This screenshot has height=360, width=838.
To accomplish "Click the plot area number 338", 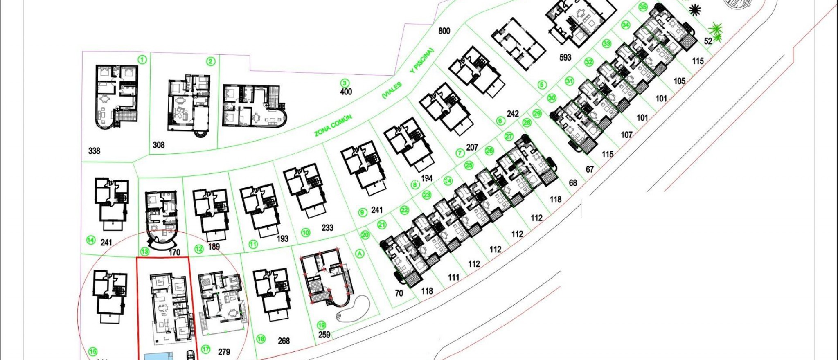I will (94, 151).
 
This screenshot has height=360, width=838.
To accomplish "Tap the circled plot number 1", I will (142, 60).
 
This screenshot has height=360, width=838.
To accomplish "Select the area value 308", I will (158, 145).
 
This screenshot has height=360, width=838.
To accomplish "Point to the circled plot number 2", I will (210, 62).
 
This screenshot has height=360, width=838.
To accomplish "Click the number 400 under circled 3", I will (346, 92).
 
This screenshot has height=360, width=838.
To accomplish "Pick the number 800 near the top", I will (444, 31).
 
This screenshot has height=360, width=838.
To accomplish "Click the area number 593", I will (565, 58).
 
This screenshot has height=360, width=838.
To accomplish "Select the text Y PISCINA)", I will (421, 61).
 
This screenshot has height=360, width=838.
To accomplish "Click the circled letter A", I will (360, 254).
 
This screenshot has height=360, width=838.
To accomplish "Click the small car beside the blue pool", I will (191, 354).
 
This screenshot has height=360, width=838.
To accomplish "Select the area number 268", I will (284, 341).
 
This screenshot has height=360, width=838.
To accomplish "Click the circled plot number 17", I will (206, 349).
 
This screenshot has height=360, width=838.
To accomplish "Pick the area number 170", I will (174, 252).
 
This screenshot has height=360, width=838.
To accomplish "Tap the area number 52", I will (708, 41).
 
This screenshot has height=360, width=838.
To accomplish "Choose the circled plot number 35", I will (643, 7).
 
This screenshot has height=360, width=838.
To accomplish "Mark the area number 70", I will (399, 293).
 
